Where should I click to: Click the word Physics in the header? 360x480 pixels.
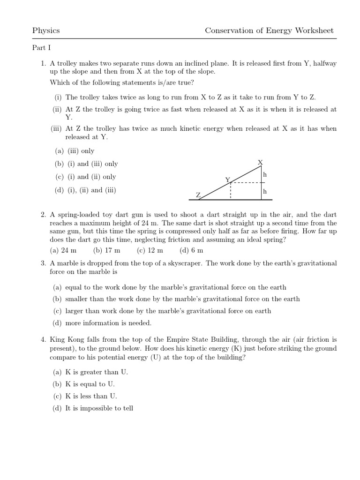46,31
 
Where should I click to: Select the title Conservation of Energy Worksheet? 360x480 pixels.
269,31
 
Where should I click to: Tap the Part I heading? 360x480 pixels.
41,48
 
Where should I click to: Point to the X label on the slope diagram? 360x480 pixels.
261,162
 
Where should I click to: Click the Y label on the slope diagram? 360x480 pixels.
228,180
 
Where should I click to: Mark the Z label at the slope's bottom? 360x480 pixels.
198,195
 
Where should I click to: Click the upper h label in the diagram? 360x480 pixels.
265,174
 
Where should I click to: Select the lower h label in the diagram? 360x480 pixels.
265,191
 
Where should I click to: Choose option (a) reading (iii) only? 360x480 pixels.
75,151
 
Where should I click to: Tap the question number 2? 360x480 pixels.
43,215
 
